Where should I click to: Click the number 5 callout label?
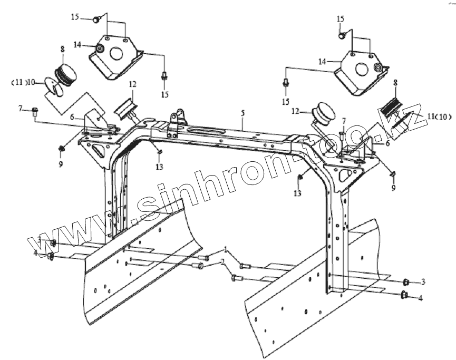click(x=242, y=113)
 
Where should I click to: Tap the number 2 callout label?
click(x=223, y=262)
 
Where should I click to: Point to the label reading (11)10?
click(x=24, y=82)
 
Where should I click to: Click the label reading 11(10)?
click(x=439, y=116)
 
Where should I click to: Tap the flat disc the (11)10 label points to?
click(x=53, y=86)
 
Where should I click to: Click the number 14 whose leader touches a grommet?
click(x=77, y=45)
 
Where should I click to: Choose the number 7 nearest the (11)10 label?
click(x=21, y=109)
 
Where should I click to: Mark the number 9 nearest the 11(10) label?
click(x=393, y=187)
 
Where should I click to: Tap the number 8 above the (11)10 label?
click(x=62, y=49)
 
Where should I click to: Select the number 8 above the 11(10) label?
click(x=395, y=83)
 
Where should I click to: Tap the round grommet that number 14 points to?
click(x=99, y=50)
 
